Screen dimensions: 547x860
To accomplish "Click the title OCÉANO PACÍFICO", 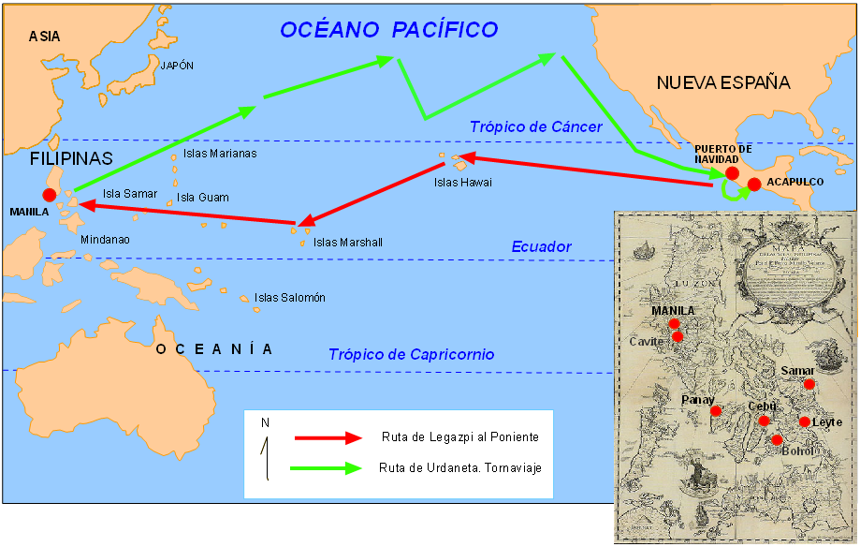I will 389,29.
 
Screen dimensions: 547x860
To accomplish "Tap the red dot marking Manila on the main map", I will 49,195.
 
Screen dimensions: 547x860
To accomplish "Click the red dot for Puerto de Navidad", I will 732,173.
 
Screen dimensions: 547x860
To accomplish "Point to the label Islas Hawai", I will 462,182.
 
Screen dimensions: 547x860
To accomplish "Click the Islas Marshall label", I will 348,243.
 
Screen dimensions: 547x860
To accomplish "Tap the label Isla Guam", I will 203,198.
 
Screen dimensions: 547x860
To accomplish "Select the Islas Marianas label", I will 220,154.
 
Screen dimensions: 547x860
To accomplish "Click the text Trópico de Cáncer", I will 535,126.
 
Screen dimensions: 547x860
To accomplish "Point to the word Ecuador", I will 541,247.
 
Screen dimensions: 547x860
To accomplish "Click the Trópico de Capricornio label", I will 411,355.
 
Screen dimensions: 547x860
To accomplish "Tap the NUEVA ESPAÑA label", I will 722,83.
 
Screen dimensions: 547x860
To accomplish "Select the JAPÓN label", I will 177,66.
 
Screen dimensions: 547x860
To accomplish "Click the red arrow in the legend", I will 328,437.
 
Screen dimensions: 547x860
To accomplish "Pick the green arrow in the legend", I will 328,467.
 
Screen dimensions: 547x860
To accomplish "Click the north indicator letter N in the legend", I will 265,422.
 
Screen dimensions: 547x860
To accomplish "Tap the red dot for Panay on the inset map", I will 716,411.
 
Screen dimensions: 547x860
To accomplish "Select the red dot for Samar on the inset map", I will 809,384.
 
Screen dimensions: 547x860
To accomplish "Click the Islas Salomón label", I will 290,298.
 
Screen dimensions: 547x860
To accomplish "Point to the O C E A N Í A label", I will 214,349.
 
